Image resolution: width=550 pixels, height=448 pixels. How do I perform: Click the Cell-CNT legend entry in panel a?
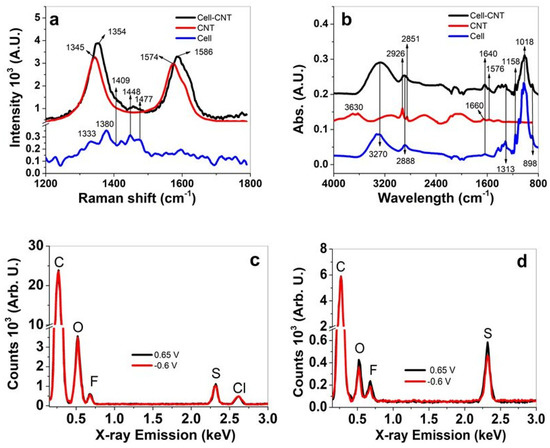click(237, 15)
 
